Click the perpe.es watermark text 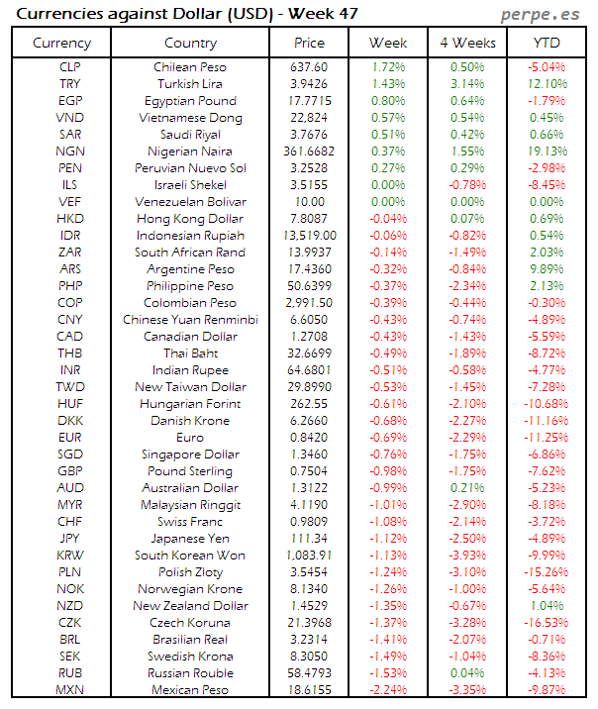541,15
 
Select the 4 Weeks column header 466,43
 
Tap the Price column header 309,43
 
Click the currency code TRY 70,84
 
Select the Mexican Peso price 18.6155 309,690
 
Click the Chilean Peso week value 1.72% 388,67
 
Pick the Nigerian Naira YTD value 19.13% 547,152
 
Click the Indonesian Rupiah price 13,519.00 309,236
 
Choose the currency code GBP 70,471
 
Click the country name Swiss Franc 190,522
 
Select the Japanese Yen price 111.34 309,539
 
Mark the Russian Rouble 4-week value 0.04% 467,673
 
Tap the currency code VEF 70,202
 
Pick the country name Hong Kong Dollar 190,219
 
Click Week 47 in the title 322,14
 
